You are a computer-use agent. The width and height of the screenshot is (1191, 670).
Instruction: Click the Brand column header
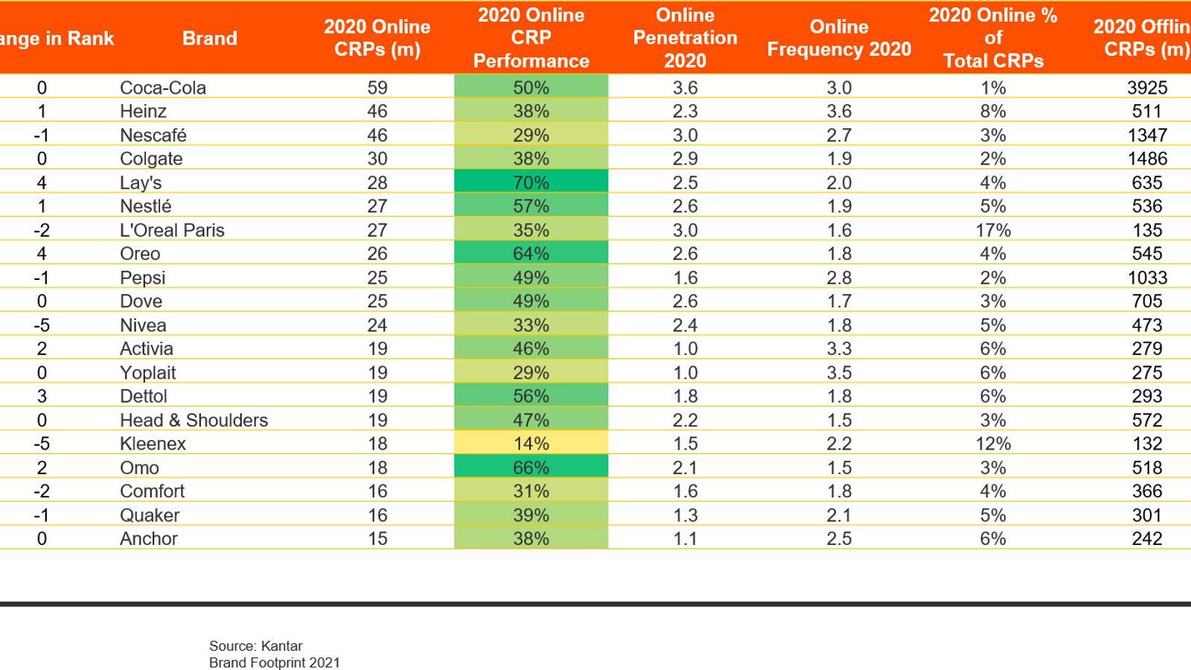[x=209, y=38]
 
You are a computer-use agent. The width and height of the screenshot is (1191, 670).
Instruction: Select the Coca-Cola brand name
[x=163, y=87]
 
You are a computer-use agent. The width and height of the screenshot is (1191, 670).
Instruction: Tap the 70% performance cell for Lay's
[x=531, y=182]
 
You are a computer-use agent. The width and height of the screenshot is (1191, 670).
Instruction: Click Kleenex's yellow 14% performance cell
[x=531, y=444]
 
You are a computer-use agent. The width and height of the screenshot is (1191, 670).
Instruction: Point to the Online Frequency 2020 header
[x=839, y=38]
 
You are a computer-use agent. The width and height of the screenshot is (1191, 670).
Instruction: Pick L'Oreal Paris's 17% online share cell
[x=993, y=230]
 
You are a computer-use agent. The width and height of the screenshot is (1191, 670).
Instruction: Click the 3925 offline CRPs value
[x=1146, y=87]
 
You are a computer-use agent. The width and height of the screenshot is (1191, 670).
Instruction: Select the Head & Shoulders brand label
[x=194, y=420]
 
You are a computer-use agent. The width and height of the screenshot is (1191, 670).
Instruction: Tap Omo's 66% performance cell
[x=531, y=468]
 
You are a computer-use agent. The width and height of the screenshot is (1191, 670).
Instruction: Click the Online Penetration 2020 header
[x=685, y=38]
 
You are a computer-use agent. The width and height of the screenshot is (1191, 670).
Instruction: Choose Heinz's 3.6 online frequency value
[x=839, y=111]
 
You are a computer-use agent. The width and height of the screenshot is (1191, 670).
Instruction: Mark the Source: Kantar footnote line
[x=255, y=646]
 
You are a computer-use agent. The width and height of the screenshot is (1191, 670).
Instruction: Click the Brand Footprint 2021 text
[x=274, y=663]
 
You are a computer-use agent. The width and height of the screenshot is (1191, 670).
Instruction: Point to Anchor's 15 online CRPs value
[x=377, y=538]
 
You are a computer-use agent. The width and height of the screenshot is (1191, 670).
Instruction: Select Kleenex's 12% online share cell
[x=993, y=444]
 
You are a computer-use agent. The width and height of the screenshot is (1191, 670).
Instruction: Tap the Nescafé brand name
[x=153, y=135]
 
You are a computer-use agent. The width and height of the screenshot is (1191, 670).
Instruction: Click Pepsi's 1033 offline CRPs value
[x=1146, y=278]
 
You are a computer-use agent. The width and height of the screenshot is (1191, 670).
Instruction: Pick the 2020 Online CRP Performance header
[x=531, y=38]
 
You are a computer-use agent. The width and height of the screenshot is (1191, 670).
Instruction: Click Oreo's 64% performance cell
[x=531, y=254]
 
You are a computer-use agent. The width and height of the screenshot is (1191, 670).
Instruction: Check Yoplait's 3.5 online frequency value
[x=839, y=372]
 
